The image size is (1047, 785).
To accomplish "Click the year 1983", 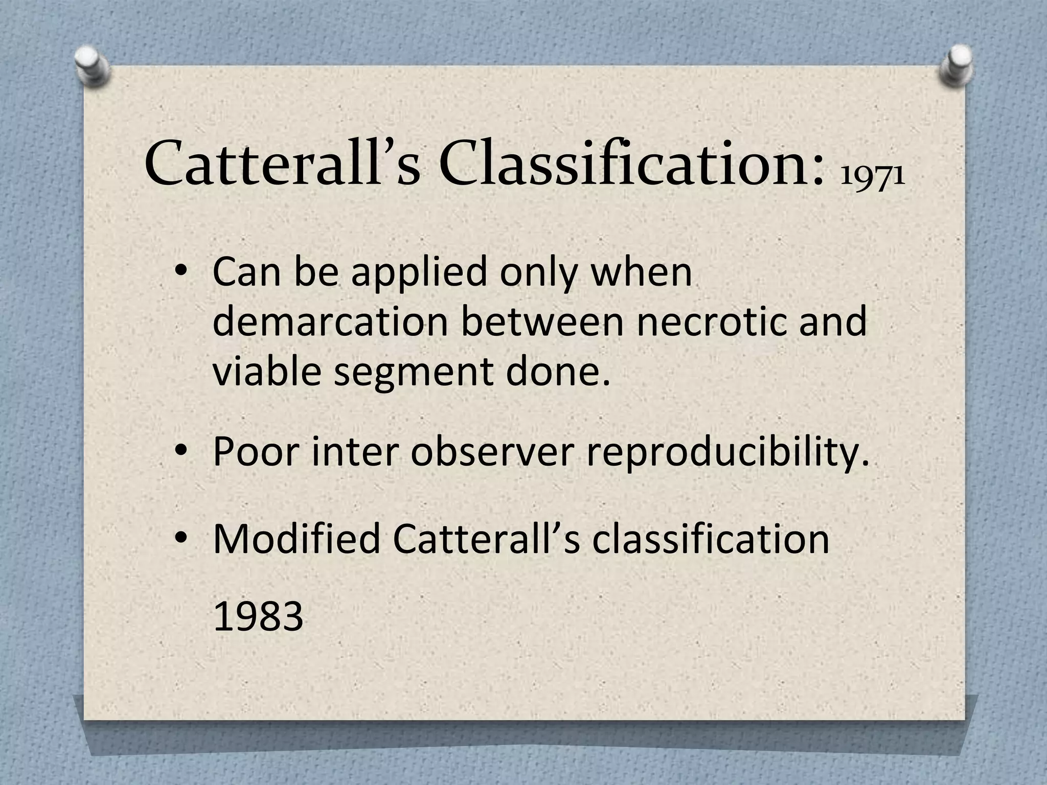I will tap(258, 617).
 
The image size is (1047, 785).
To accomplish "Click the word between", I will tap(542, 321).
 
